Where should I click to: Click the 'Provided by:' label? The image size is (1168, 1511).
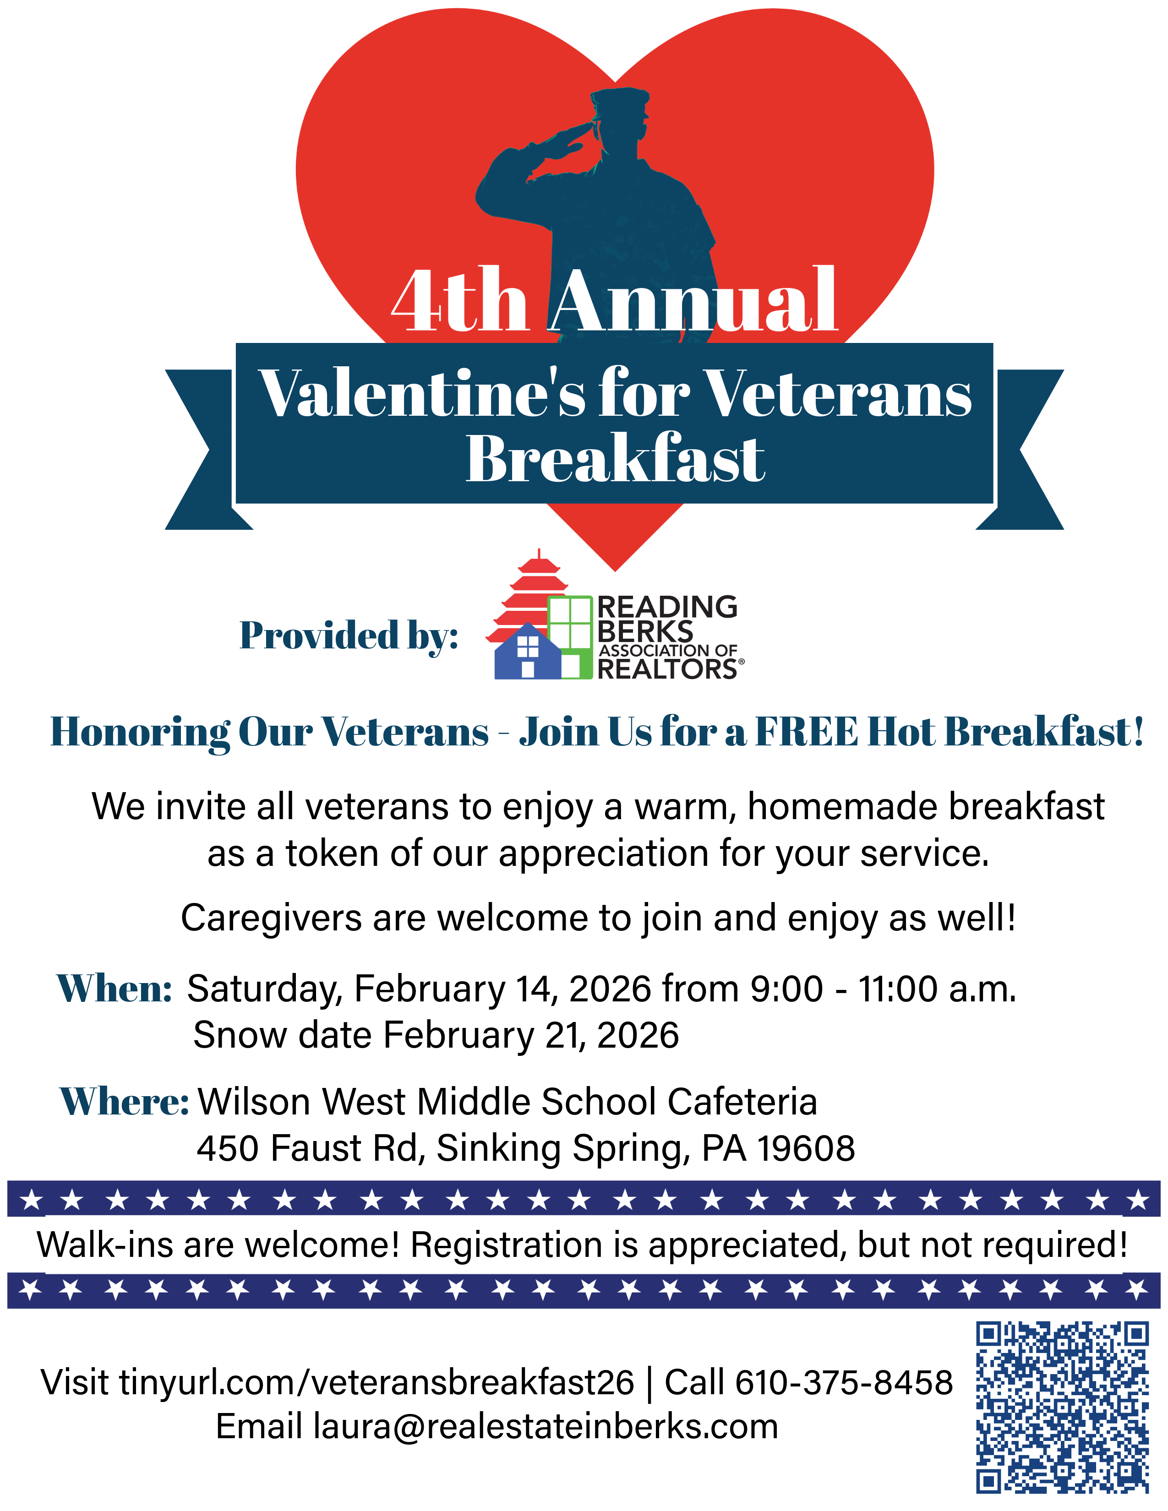(349, 635)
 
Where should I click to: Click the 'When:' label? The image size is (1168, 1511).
(114, 988)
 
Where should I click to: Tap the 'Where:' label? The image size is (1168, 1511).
(125, 1101)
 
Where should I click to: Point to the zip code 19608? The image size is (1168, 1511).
(806, 1148)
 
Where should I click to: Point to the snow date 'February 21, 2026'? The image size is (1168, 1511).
(531, 1035)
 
